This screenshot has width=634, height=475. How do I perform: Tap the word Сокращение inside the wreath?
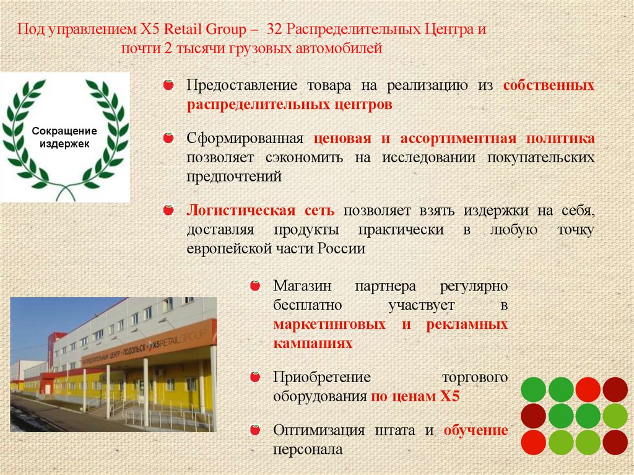[x=64, y=131]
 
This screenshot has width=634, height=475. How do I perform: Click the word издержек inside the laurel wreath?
[x=64, y=143]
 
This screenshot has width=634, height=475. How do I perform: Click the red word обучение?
[x=475, y=430]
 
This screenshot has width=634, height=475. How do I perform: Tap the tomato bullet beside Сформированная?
[x=168, y=138]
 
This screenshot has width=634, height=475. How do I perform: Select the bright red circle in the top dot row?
[x=588, y=389]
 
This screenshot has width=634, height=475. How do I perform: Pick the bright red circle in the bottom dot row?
[x=533, y=442]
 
